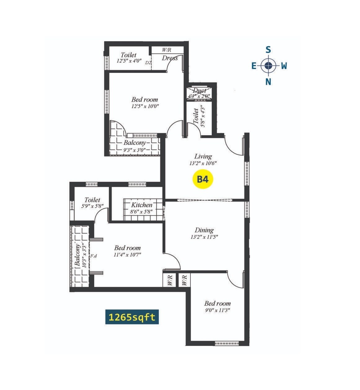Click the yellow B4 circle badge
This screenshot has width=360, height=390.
[203, 179]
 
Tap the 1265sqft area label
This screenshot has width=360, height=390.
[132, 317]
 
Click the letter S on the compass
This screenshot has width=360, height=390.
[268, 50]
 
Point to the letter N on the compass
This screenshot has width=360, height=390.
[268, 82]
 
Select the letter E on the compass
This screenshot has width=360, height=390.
[254, 66]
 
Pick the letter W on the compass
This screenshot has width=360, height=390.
[284, 66]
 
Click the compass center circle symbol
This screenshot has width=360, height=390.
[269, 65]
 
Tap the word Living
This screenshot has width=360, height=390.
[203, 156]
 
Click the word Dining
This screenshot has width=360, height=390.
[204, 230]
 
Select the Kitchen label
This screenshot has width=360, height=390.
[142, 205]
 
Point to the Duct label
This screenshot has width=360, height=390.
[199, 91]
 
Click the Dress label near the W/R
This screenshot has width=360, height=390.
[170, 58]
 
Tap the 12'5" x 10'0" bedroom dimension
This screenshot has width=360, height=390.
[145, 106]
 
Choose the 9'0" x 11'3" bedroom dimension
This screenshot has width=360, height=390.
[217, 310]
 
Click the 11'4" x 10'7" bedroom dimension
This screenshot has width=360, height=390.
[127, 255]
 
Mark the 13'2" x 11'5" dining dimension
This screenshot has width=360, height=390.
[204, 237]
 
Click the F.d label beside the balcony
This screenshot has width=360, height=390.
[93, 256]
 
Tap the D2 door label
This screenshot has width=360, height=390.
[148, 62]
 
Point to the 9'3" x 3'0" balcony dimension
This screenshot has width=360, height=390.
[135, 150]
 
